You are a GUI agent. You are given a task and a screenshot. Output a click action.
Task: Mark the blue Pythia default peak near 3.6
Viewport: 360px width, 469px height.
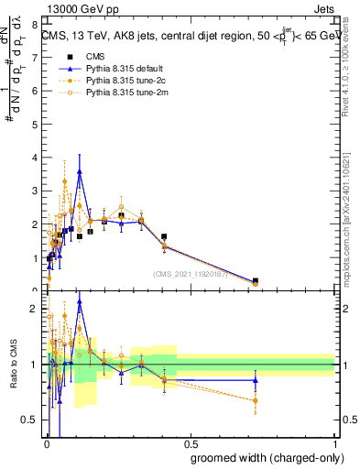coord(80,171)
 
